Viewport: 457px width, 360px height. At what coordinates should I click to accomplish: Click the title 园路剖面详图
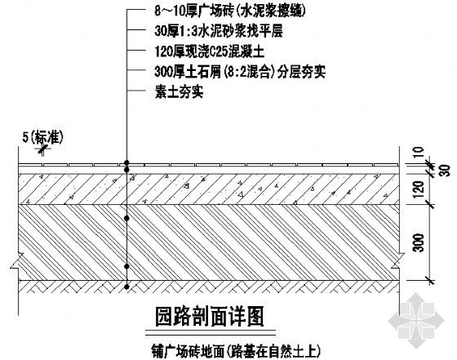click(x=209, y=317)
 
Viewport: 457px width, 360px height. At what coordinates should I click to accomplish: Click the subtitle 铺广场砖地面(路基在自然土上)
click(x=236, y=351)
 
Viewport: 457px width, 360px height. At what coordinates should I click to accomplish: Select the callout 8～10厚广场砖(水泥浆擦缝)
click(x=230, y=11)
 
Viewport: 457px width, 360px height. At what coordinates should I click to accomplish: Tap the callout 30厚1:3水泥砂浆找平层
click(x=219, y=31)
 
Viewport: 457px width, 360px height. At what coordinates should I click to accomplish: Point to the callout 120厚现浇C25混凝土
click(x=209, y=51)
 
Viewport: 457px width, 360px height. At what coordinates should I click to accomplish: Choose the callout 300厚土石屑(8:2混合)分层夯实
click(x=240, y=72)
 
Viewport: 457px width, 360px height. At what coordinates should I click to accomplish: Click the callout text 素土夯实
click(x=179, y=92)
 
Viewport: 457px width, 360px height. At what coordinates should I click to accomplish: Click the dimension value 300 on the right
click(x=419, y=242)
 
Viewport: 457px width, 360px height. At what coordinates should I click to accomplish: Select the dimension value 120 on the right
click(x=419, y=189)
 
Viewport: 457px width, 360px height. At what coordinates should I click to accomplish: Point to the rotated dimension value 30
click(x=445, y=170)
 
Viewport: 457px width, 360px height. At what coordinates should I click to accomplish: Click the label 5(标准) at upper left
click(x=42, y=137)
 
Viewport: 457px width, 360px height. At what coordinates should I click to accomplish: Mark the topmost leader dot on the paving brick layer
click(x=126, y=162)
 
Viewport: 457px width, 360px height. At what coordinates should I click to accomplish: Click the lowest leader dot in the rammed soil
click(x=126, y=287)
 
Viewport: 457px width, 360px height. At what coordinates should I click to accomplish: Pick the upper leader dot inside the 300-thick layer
click(x=126, y=218)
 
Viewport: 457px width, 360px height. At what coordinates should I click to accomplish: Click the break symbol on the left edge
click(x=16, y=260)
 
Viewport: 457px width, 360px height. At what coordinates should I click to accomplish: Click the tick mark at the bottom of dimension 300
click(x=429, y=281)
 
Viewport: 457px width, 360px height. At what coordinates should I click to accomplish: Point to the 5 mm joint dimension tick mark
click(x=42, y=149)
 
